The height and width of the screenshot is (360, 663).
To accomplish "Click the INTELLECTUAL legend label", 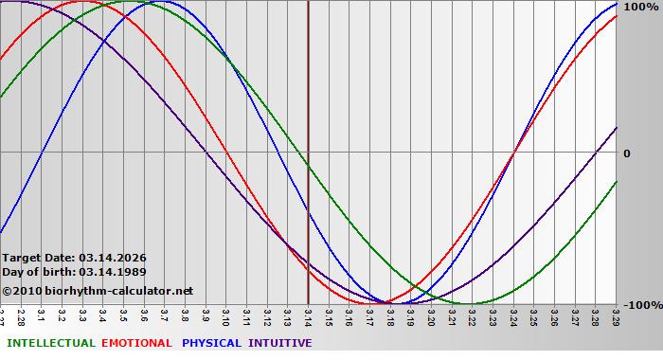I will click(50, 343).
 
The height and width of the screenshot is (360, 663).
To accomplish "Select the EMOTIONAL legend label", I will click(136, 343).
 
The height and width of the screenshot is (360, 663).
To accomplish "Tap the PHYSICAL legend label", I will click(212, 343).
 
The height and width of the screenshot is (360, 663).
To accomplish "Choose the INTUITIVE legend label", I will click(280, 343).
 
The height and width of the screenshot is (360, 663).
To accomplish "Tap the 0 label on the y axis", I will click(626, 153).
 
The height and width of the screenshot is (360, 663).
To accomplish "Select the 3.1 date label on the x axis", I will click(42, 315).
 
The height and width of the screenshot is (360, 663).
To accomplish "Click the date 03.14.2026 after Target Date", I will click(113, 257).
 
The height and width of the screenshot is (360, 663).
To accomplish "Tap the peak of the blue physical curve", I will click(144, 2).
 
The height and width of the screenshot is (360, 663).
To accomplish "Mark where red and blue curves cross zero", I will click(513, 152).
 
